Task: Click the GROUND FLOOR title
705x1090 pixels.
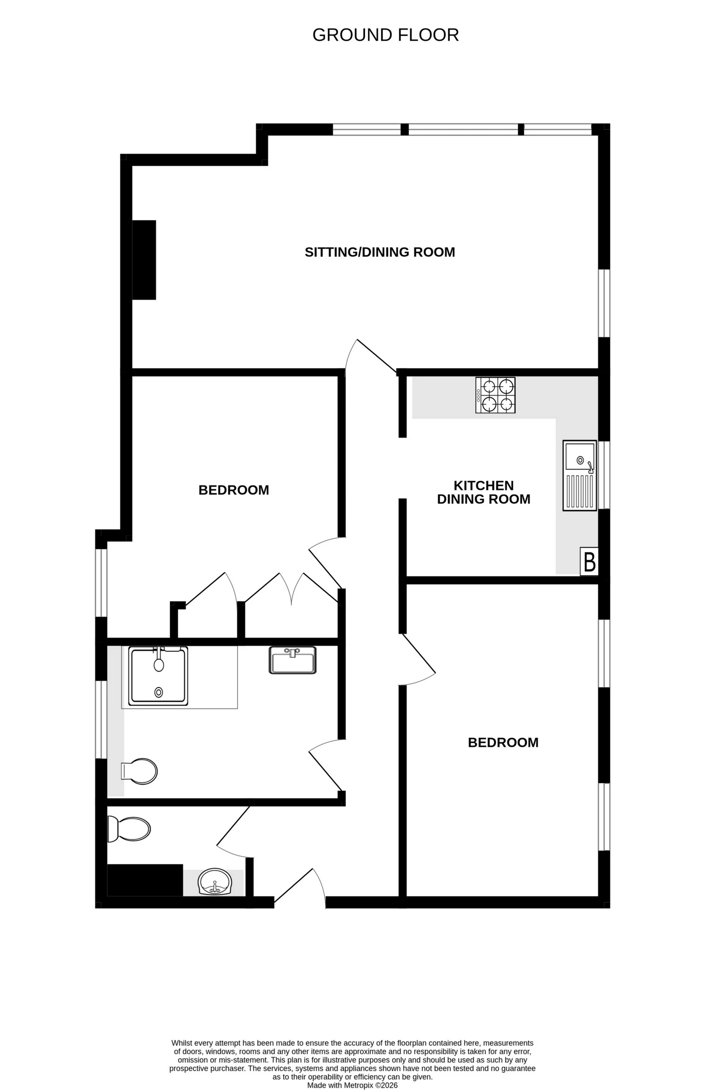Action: click(x=385, y=35)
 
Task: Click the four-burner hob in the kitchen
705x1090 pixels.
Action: click(x=495, y=395)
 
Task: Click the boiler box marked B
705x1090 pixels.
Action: click(x=589, y=561)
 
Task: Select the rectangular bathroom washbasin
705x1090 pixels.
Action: click(x=292, y=660)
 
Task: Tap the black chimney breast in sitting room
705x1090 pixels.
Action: click(x=144, y=260)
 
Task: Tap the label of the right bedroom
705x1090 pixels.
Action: click(x=503, y=742)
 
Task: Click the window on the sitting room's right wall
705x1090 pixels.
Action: click(x=604, y=303)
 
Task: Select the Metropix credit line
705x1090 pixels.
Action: click(x=352, y=1085)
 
